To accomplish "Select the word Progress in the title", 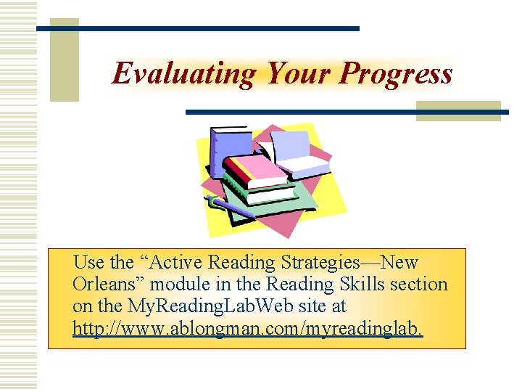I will click(x=397, y=73).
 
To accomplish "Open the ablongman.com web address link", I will click(x=246, y=329).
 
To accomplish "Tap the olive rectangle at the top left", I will click(x=64, y=60).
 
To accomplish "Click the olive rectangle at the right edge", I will click(x=458, y=110).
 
